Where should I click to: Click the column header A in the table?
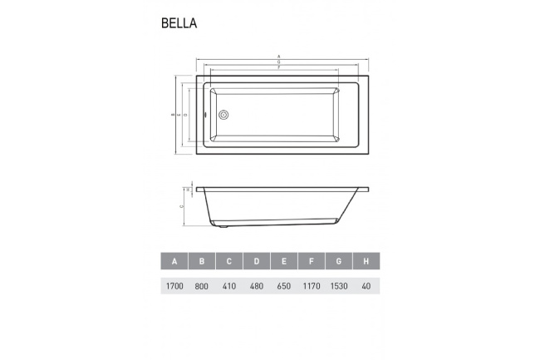pos(174,261)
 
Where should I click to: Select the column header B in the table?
pos(202,261)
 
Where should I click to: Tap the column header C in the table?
pos(229,261)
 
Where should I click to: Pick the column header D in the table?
pos(257,261)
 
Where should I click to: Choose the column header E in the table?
pos(284,261)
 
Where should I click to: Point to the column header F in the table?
pos(312,261)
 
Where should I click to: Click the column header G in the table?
pos(339,261)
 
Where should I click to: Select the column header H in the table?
pos(366,261)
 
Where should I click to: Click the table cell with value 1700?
pos(174,286)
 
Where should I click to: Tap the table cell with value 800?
pos(202,286)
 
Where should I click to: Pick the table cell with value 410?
pos(229,286)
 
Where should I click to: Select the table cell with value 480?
pos(257,286)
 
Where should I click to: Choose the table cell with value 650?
pos(284,286)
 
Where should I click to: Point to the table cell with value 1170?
pos(312,286)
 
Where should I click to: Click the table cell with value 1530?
pos(339,286)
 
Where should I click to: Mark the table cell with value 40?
pos(366,286)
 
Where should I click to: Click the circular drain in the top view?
pos(223,116)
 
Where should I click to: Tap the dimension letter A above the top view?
pos(278,57)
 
